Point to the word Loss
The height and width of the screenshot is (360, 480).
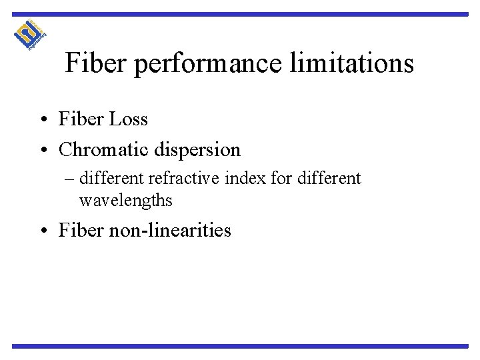coord(127,119)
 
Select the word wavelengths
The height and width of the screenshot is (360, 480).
coord(125,199)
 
